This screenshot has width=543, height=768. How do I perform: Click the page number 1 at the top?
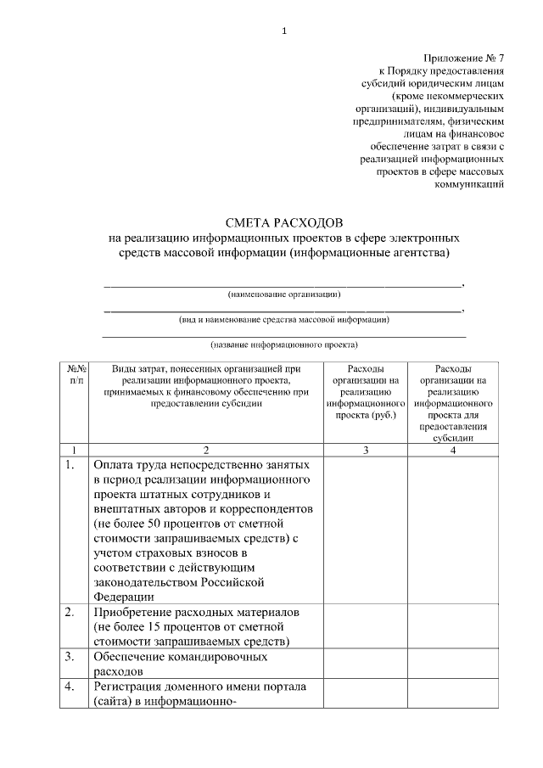point(284,31)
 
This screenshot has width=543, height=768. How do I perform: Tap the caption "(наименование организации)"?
point(284,294)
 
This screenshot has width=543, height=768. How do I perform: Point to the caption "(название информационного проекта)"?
point(284,345)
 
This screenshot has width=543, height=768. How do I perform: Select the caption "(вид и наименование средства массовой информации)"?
point(284,320)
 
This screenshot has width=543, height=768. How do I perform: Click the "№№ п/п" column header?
point(74,375)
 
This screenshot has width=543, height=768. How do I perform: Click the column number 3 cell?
point(365,450)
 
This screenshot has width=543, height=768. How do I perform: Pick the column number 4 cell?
point(453,450)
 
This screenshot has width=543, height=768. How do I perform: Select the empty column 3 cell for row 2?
point(365,626)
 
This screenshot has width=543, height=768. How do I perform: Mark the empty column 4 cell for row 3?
point(453,664)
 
